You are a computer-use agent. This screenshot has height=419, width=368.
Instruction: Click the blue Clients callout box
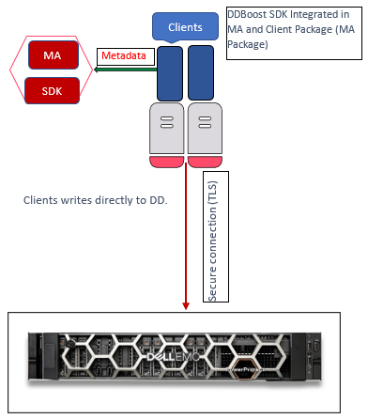(x=185, y=27)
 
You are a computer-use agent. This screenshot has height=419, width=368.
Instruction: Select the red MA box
(x=53, y=56)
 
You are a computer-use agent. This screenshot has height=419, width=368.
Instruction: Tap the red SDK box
(x=53, y=90)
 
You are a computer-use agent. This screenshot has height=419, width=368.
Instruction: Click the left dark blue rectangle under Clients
(x=169, y=72)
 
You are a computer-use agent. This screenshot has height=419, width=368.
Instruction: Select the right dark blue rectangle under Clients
(x=202, y=72)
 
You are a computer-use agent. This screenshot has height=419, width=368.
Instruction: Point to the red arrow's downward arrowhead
(x=187, y=302)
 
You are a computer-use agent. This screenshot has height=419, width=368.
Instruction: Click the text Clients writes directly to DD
(x=94, y=200)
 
